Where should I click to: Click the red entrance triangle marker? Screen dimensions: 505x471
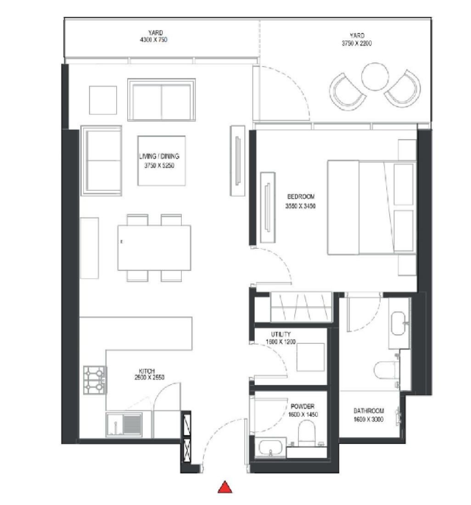pos(224,487)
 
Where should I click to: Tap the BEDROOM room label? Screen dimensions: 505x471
pos(301,196)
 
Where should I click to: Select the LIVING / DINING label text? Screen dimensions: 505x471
pos(159,157)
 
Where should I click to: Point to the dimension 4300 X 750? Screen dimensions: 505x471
pos(155,40)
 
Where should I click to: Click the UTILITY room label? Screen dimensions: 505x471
pos(280,335)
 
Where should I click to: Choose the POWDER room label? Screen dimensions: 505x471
pos(303,406)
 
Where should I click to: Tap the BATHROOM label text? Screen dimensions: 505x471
pos(369,411)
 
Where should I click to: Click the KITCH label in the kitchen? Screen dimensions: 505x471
pos(146,371)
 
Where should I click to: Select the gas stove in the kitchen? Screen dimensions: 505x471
pos(95,380)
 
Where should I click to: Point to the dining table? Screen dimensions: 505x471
pos(154,247)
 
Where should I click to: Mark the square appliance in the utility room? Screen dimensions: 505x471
pos(311,357)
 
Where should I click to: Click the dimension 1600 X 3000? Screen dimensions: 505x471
pos(369,419)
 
